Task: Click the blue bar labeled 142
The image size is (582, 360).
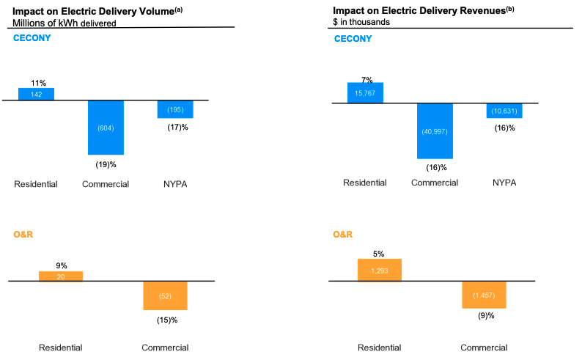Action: click(x=36, y=94)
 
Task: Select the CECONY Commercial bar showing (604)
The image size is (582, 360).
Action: click(x=106, y=128)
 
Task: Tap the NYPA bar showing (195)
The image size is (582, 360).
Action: click(x=175, y=109)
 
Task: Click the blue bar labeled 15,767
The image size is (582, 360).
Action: click(x=365, y=92)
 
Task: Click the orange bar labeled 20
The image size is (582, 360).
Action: click(x=60, y=276)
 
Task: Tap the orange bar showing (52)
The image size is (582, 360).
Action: click(x=165, y=295)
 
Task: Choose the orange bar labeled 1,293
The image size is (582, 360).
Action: click(x=380, y=270)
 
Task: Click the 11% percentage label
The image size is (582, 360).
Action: click(x=38, y=83)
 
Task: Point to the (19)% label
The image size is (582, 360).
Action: click(x=106, y=164)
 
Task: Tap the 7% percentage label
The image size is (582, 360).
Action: click(x=366, y=80)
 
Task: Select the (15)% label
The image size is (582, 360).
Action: click(x=167, y=320)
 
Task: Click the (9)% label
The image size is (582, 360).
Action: click(x=484, y=316)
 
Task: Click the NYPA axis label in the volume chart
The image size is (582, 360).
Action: click(x=175, y=184)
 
